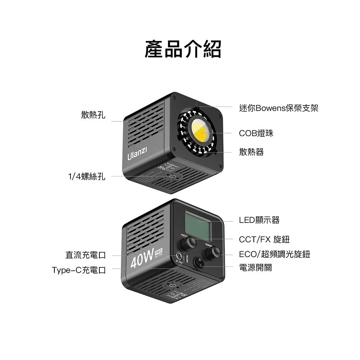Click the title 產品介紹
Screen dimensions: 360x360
coord(183,49)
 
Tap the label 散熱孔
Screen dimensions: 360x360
coord(93,115)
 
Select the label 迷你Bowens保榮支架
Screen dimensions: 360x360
coord(279,108)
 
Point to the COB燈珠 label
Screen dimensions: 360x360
coord(256,133)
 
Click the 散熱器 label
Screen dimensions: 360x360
coord(251,152)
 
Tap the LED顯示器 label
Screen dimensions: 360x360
coord(259,220)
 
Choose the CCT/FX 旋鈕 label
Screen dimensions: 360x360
coord(264,239)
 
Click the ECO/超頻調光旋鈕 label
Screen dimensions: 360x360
coord(274,255)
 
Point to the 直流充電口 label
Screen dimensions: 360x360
coord(86,255)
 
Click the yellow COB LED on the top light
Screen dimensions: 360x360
coord(199,130)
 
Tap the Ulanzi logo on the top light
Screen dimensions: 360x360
coord(137,154)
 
